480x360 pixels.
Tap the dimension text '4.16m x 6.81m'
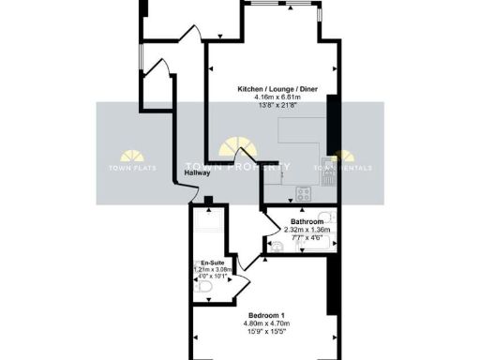[x=268, y=97]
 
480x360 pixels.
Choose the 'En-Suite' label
[x=212, y=262]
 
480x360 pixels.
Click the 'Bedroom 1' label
[x=268, y=314]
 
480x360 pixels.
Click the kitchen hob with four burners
[x=305, y=195]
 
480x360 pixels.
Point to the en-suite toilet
[x=208, y=292]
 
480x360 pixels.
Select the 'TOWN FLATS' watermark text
[x=133, y=169]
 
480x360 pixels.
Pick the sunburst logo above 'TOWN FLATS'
[x=133, y=155]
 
